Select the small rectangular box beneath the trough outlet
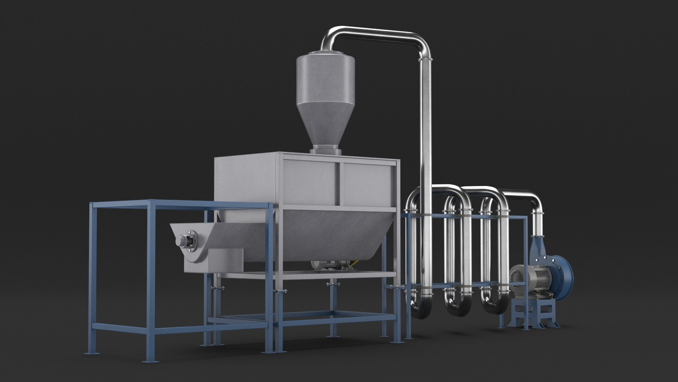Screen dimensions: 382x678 (x=226, y=260)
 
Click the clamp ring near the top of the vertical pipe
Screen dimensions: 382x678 (x=426, y=59)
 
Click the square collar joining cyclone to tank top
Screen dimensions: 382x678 (x=326, y=150)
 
